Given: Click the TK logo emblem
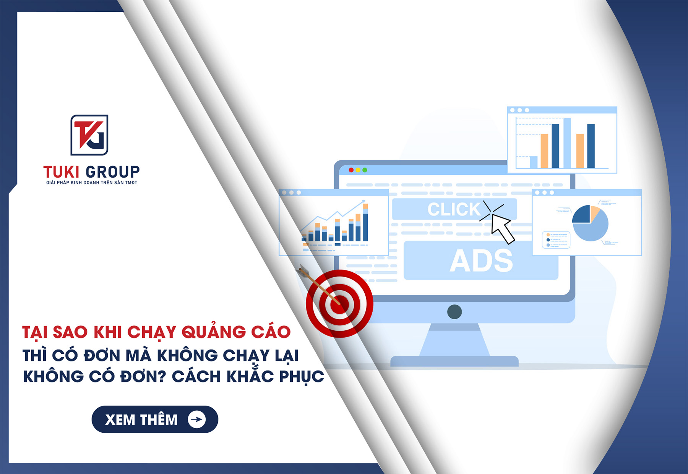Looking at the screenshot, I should [89, 135].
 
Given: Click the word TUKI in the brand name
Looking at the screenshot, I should [61, 172].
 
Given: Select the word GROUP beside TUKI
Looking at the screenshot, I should [113, 172].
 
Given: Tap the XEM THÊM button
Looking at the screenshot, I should [154, 419].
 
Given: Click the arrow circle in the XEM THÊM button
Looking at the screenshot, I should [197, 419].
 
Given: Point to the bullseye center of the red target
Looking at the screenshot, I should [339, 304].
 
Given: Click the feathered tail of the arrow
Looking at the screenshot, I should [304, 271].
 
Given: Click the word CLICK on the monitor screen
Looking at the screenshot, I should [454, 209].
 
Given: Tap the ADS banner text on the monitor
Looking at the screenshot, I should [481, 261].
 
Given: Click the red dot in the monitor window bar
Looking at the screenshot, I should [351, 170].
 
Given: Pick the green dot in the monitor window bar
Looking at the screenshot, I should [365, 170].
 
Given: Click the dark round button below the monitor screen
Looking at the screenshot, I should [454, 312].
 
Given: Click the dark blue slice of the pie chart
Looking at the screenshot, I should [582, 215].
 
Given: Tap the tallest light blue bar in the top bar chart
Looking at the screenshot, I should [567, 143].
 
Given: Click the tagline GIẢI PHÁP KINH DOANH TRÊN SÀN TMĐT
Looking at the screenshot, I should [92, 183].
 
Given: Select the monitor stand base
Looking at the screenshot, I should [454, 361].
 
